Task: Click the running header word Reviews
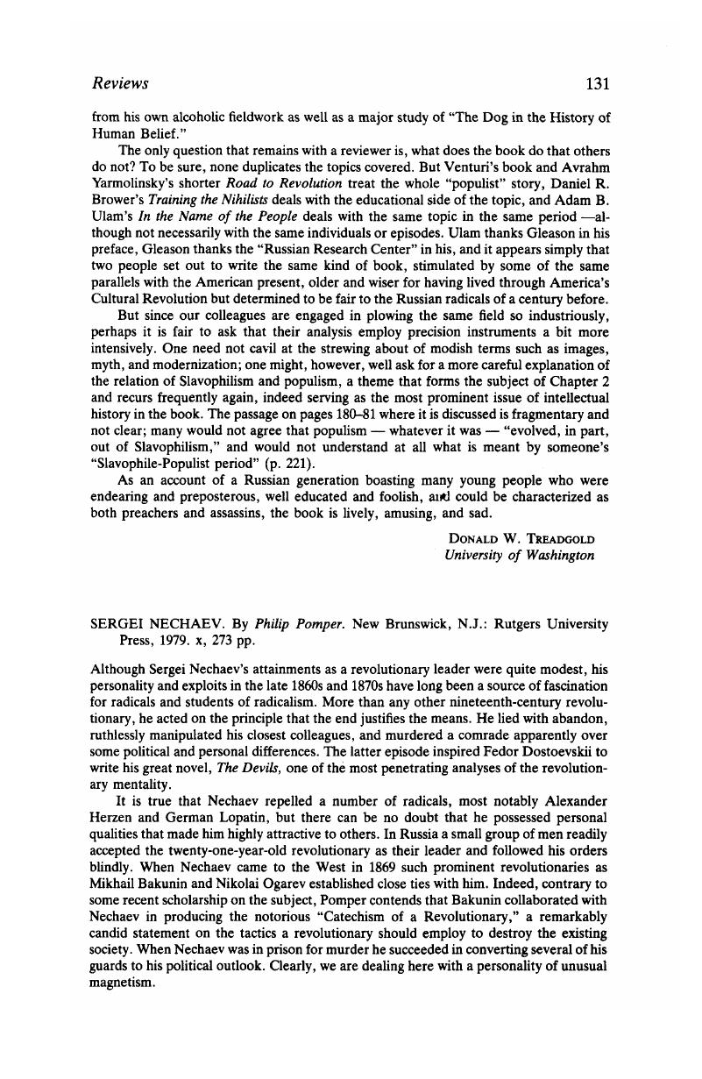point(120,84)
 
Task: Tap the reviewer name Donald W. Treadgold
point(521,537)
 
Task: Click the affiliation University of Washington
point(519,555)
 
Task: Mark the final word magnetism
point(124,983)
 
